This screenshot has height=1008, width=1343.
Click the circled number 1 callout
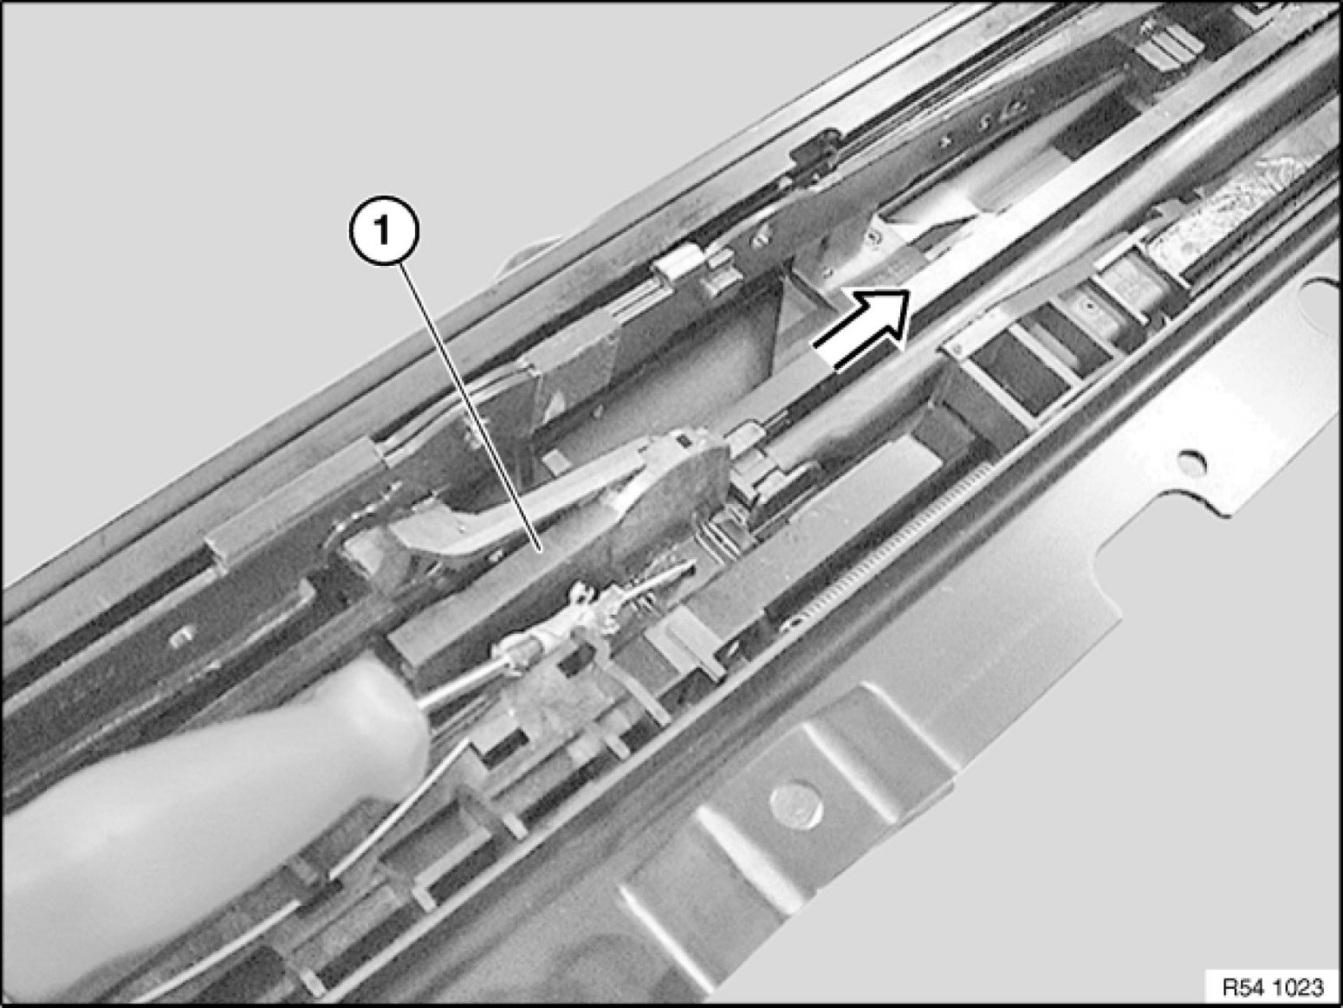coord(383,232)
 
